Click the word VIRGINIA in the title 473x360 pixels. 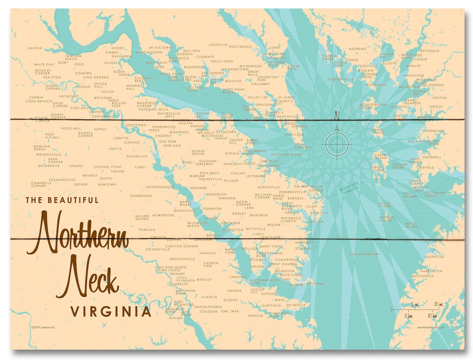(x=111, y=311)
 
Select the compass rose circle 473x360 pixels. (x=337, y=144)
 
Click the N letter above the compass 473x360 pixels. (x=337, y=115)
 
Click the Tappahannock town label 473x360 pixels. (x=160, y=187)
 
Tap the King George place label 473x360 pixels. (x=95, y=77)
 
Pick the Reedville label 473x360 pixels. (x=320, y=213)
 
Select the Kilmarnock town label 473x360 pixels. (x=287, y=260)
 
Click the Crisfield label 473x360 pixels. (x=425, y=167)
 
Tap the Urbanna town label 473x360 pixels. (x=238, y=277)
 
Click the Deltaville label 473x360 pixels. (x=296, y=305)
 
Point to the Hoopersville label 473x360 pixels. (x=340, y=79)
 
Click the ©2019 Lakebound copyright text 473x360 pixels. (x=43, y=327)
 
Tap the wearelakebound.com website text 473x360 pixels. (x=431, y=327)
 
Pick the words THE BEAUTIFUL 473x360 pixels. (x=62, y=200)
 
